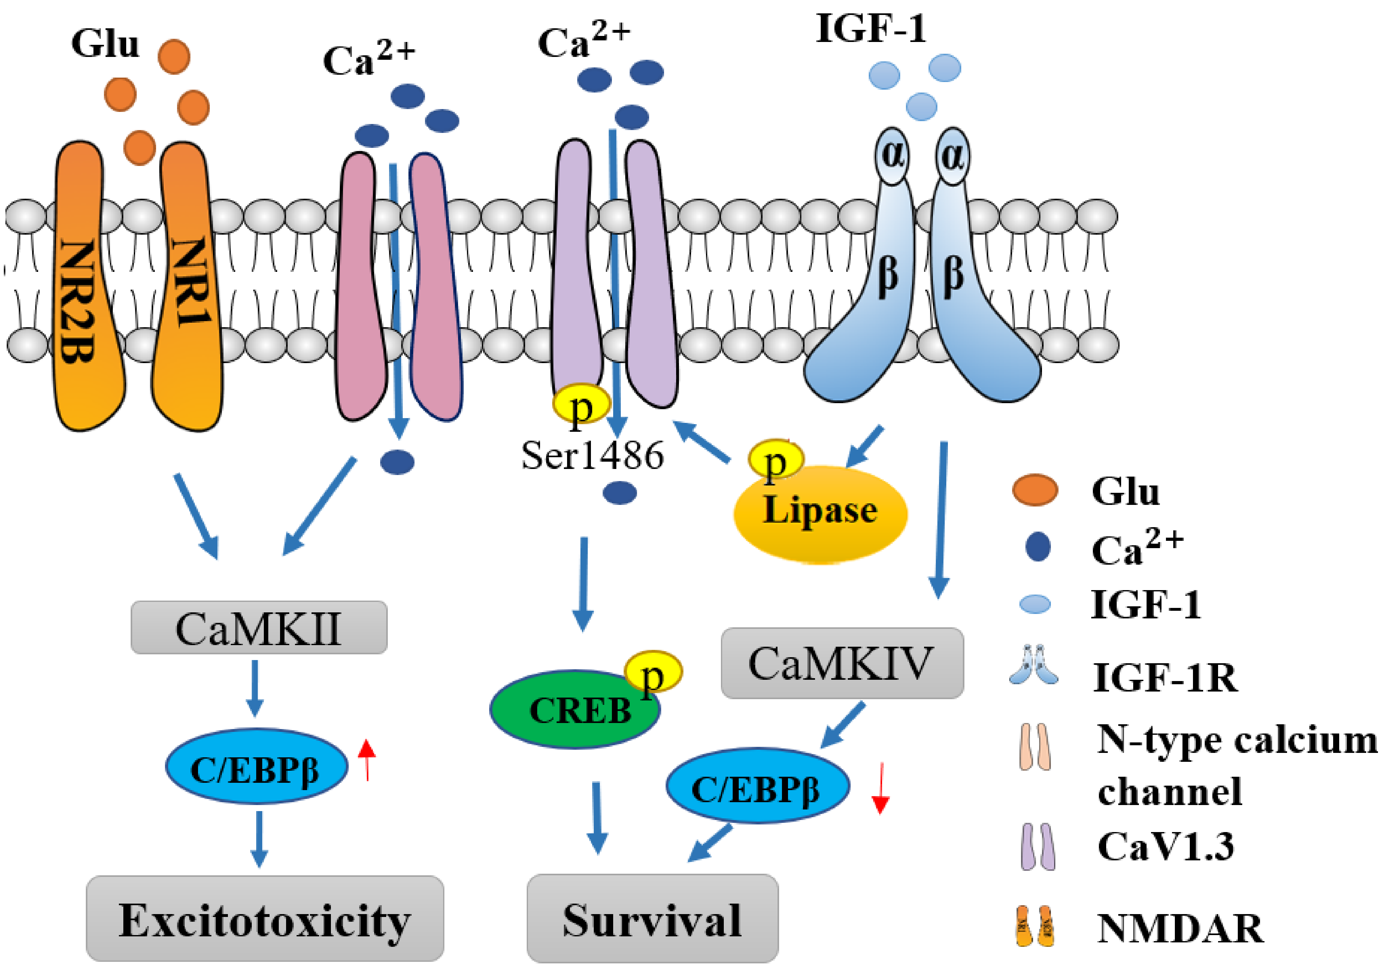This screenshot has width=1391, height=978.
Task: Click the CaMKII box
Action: pyautogui.click(x=259, y=627)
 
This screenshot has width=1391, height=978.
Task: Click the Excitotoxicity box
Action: pyautogui.click(x=265, y=919)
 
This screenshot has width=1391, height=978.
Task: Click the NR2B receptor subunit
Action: pyautogui.click(x=82, y=291)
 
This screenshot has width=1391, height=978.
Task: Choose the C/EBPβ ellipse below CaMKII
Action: pyautogui.click(x=256, y=767)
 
